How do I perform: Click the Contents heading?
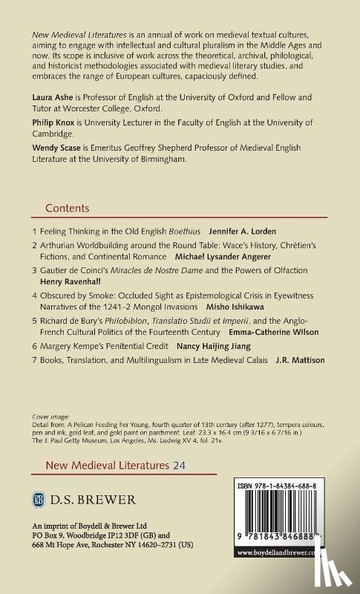point(67,209)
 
